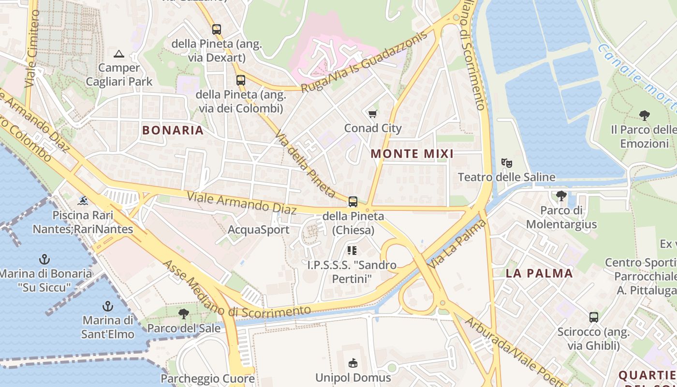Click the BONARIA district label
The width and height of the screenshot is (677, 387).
pyautogui.click(x=173, y=130)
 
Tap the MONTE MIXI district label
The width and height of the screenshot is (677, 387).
pyautogui.click(x=412, y=154)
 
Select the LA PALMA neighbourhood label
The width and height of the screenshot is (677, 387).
pyautogui.click(x=539, y=273)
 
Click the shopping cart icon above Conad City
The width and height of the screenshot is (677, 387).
pyautogui.click(x=372, y=114)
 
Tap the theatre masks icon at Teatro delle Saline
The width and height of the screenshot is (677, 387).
pyautogui.click(x=506, y=163)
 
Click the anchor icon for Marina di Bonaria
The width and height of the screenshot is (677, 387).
pyautogui.click(x=44, y=259)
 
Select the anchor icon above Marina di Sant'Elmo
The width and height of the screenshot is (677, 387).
pyautogui.click(x=108, y=306)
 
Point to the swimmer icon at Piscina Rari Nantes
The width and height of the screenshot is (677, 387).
pyautogui.click(x=83, y=201)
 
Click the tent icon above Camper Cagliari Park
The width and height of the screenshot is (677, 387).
pyautogui.click(x=119, y=54)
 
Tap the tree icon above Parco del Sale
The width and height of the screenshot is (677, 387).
pyautogui.click(x=183, y=314)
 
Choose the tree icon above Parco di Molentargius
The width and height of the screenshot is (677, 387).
pyautogui.click(x=561, y=196)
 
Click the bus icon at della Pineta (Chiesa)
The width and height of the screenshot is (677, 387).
pyautogui.click(x=353, y=202)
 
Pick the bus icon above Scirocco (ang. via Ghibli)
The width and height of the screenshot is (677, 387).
pyautogui.click(x=594, y=317)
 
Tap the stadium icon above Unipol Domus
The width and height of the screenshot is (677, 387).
pyautogui.click(x=353, y=363)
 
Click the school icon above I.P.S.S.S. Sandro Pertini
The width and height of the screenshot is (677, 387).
pyautogui.click(x=352, y=250)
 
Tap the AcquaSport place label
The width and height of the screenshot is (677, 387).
pyautogui.click(x=258, y=230)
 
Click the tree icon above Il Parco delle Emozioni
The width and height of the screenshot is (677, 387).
pyautogui.click(x=644, y=115)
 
